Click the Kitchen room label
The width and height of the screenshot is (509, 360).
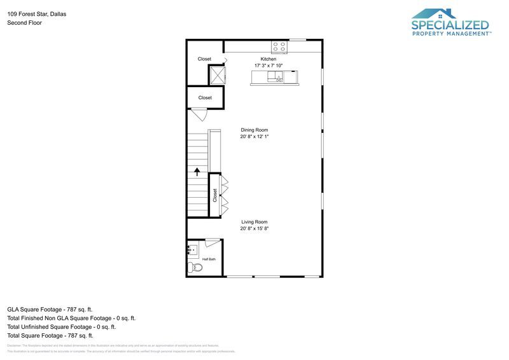(x=268, y=59)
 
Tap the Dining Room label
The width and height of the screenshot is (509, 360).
(x=254, y=130)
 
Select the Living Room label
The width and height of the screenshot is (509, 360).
(x=254, y=222)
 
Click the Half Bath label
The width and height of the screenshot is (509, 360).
(x=209, y=260)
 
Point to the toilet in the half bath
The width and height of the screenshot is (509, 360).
(x=195, y=267)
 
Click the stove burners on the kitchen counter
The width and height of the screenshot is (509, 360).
(x=279, y=46)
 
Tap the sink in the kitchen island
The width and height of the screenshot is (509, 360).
(x=277, y=78)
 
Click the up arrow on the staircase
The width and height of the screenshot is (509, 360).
(x=197, y=170)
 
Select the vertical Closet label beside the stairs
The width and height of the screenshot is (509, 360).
(x=215, y=195)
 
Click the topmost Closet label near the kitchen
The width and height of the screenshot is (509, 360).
(x=204, y=59)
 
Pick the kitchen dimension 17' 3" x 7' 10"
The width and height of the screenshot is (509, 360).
(x=268, y=66)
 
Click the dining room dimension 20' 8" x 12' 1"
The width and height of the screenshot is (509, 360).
(x=254, y=136)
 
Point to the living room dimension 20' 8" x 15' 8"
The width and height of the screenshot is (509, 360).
(x=254, y=228)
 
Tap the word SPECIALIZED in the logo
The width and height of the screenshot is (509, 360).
(x=450, y=25)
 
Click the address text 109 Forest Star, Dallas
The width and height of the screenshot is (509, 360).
(x=36, y=13)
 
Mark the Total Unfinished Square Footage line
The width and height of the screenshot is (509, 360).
(x=61, y=326)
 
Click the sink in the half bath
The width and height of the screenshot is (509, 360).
(x=192, y=249)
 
